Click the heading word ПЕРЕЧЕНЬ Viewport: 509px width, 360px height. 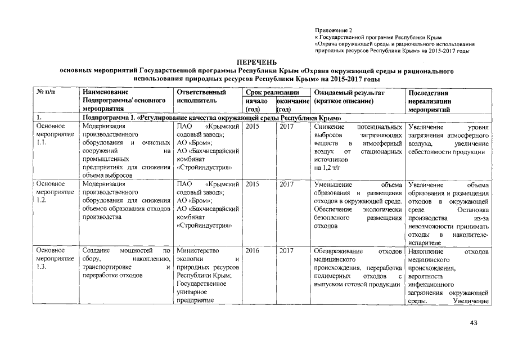[x=256, y=62]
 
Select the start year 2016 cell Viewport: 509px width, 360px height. [x=253, y=251]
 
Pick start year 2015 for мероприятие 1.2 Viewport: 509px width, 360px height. [x=253, y=184]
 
